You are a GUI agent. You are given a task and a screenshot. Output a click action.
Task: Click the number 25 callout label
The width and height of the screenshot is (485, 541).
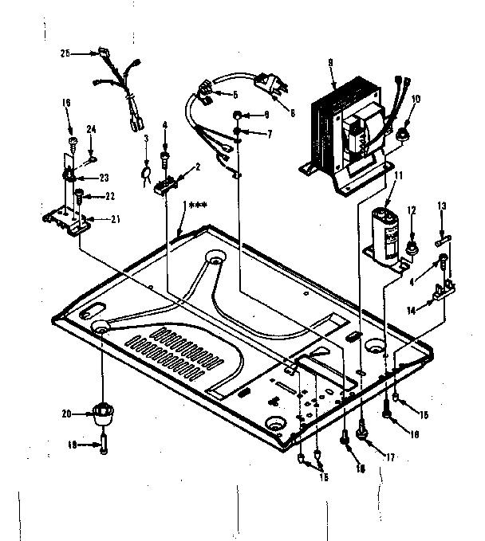pyautogui.click(x=65, y=53)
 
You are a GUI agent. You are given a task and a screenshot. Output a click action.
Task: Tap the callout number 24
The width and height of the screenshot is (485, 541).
pyautogui.click(x=92, y=129)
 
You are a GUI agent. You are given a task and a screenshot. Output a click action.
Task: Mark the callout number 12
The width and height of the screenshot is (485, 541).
pyautogui.click(x=412, y=210)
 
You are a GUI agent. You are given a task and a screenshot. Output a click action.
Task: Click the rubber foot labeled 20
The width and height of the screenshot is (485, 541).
pyautogui.click(x=103, y=415)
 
